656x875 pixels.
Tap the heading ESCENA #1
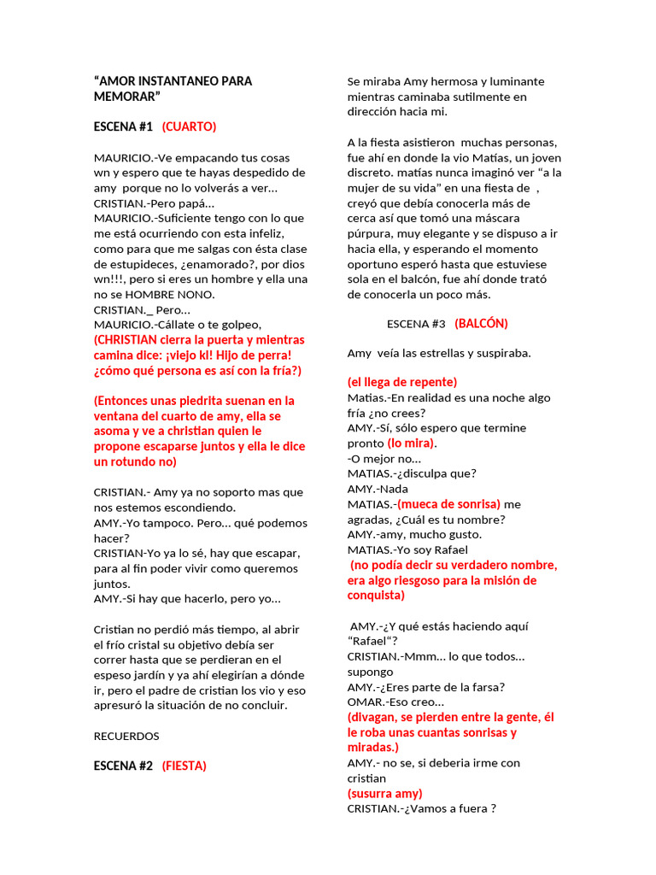[123, 126]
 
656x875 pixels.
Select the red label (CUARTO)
[189, 126]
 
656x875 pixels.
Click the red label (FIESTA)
[184, 766]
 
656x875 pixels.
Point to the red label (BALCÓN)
[481, 323]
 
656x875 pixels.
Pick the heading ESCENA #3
[416, 324]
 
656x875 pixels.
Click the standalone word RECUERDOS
[126, 735]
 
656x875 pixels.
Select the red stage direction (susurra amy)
[384, 793]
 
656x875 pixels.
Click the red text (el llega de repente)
[402, 382]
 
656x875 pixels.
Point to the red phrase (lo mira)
[411, 443]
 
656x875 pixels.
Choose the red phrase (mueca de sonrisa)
[449, 504]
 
